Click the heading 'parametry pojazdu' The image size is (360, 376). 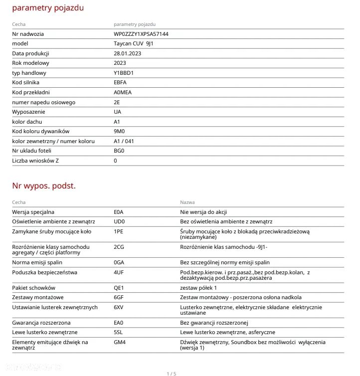pos(48,8)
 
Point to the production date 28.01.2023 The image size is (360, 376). pos(127,53)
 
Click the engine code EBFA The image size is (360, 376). pos(120,82)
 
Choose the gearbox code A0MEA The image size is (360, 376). pos(123,92)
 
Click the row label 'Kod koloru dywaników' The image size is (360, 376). pos(41,131)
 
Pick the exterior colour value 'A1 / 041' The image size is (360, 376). pos(124,141)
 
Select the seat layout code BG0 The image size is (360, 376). pos(119,151)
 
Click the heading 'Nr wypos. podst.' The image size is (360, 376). pos(44,186)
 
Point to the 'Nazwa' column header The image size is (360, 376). pos(187,202)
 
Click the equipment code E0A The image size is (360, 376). pos(119,212)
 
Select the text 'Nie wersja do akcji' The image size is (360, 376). pos(203,212)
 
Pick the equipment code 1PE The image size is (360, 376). pos(119,231)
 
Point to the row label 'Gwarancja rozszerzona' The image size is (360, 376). pos(41,323)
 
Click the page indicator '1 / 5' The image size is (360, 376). pos(171,374)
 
